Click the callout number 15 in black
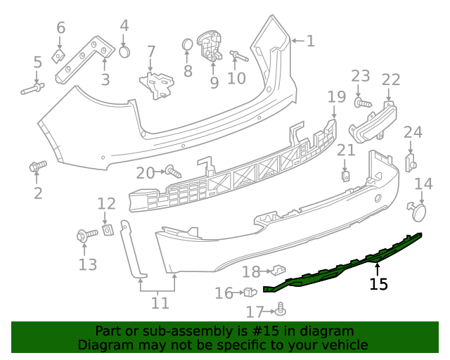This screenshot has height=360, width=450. pyautogui.click(x=378, y=284)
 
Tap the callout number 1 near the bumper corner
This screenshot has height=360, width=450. pyautogui.click(x=310, y=41)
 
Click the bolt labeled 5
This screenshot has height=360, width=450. pyautogui.click(x=32, y=89)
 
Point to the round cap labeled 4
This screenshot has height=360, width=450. pyautogui.click(x=124, y=51)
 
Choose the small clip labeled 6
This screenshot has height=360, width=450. pyautogui.click(x=60, y=55)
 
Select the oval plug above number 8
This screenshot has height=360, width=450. pyautogui.click(x=188, y=46)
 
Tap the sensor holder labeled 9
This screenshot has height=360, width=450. pyautogui.click(x=212, y=42)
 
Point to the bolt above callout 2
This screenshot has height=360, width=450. pyautogui.click(x=37, y=167)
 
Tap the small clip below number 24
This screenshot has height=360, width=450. pyautogui.click(x=411, y=163)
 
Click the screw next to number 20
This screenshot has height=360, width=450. pyautogui.click(x=172, y=171)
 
